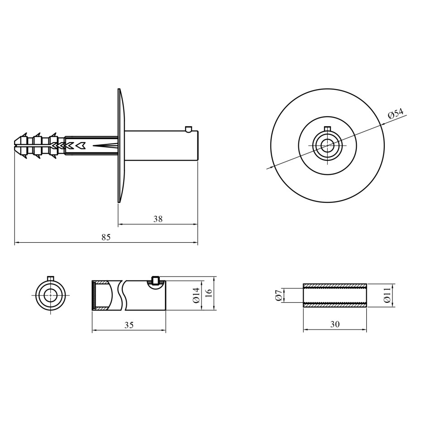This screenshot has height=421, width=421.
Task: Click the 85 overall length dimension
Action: tap(106, 237)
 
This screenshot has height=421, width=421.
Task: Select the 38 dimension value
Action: tap(158, 219)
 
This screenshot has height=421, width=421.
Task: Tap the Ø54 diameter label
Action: tap(396, 114)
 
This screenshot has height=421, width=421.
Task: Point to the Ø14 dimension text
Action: tap(196, 295)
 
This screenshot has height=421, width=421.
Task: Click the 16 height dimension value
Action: tap(210, 293)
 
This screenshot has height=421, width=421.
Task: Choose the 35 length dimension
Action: tap(129, 325)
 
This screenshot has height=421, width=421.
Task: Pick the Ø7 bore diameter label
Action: tap(278, 295)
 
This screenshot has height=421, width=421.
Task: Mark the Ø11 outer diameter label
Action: tap(388, 295)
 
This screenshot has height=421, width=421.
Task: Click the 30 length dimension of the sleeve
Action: tap(335, 324)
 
